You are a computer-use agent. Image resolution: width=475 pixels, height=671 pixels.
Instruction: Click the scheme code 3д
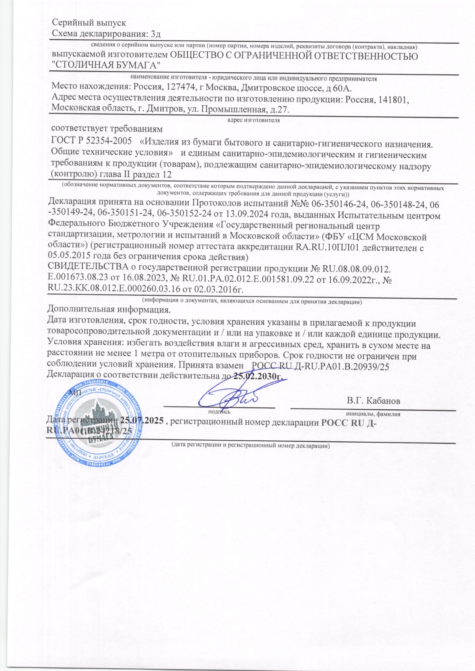pyautogui.click(x=156, y=34)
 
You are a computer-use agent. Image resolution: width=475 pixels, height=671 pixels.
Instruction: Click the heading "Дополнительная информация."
pyautogui.click(x=108, y=309)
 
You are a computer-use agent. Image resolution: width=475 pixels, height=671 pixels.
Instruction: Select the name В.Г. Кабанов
pyautogui.click(x=373, y=401)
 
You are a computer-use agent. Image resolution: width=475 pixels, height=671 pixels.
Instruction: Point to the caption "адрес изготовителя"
pyautogui.click(x=253, y=120)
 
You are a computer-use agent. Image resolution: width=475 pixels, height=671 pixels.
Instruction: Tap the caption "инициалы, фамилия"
pyautogui.click(x=373, y=414)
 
